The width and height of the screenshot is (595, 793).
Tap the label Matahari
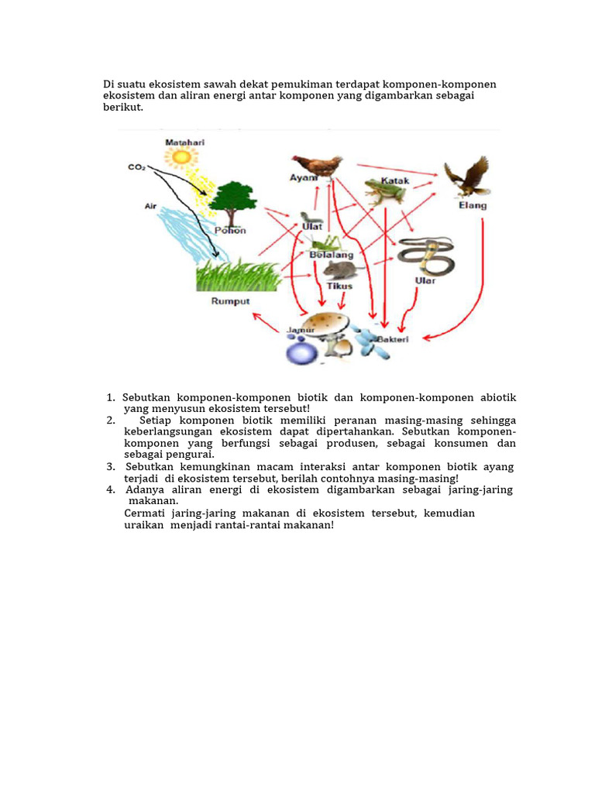(181, 142)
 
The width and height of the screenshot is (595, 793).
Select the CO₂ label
(137, 166)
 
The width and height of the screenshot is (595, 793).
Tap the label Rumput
(230, 301)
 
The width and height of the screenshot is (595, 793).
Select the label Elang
(473, 205)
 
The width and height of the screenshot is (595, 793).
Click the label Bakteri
(394, 339)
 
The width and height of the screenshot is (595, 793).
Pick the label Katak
(395, 180)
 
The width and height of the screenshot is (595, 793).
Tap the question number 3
(111, 467)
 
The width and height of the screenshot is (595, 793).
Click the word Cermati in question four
(145, 513)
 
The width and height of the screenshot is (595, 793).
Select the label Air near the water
(150, 206)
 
